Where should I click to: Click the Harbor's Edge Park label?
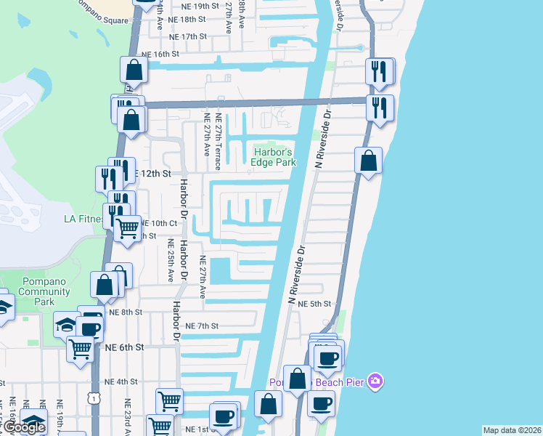[x=274, y=157]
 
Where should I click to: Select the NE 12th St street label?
[x=153, y=174]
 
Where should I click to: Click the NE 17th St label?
[x=187, y=36]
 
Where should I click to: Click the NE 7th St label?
[x=201, y=326]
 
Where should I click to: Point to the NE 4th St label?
[x=121, y=381]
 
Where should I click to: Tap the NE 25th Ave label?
[x=171, y=260]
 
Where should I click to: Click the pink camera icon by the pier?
[x=375, y=381]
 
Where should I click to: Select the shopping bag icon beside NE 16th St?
[x=134, y=70]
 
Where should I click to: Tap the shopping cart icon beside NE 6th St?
[x=79, y=349]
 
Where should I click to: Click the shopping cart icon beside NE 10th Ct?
[x=128, y=227]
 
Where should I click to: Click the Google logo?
[x=24, y=427]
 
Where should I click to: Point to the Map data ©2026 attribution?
[x=511, y=430]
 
